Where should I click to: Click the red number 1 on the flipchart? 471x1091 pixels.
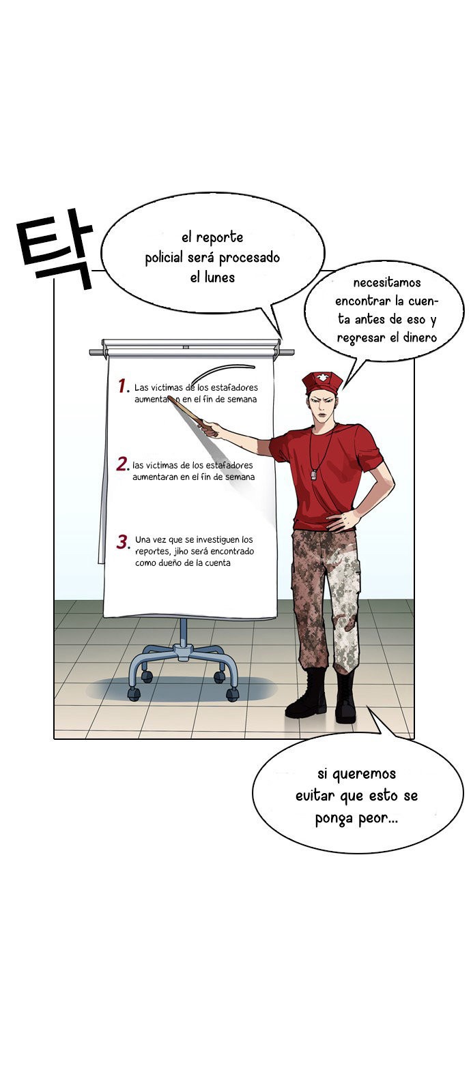[122, 385]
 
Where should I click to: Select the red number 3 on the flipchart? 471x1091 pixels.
[122, 541]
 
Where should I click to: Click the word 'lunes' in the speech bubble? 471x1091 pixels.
[219, 277]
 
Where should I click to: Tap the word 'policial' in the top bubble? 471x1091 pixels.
[164, 258]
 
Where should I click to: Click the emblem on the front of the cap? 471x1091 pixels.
[322, 378]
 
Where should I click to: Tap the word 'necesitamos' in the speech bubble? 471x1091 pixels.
[386, 282]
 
